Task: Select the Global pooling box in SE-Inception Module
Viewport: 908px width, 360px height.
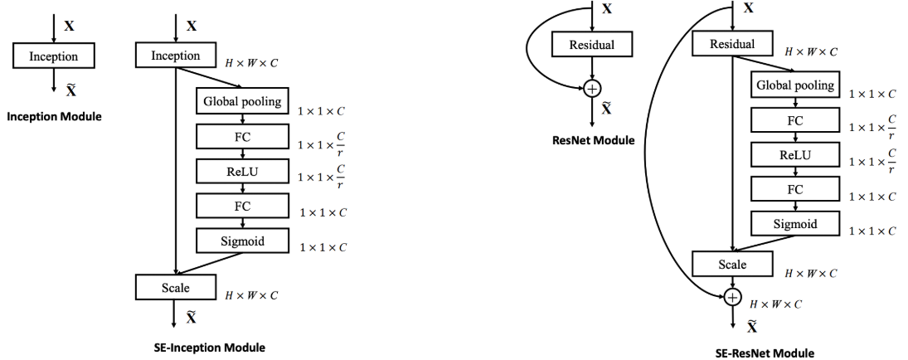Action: pyautogui.click(x=241, y=101)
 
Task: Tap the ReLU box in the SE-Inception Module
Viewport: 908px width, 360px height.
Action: pyautogui.click(x=241, y=171)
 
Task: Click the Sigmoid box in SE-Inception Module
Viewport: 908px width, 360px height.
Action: pyautogui.click(x=241, y=241)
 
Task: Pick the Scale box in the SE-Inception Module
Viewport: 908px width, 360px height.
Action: pyautogui.click(x=175, y=288)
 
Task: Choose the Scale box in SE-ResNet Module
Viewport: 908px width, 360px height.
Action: pyautogui.click(x=731, y=264)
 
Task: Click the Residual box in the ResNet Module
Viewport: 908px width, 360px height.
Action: pyautogui.click(x=592, y=45)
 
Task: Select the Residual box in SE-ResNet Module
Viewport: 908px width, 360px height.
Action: pyautogui.click(x=732, y=45)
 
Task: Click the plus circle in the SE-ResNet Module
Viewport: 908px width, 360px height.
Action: pyautogui.click(x=731, y=295)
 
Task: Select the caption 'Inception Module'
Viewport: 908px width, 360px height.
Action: pyautogui.click(x=54, y=116)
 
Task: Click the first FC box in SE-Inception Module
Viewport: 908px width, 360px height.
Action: pyautogui.click(x=241, y=136)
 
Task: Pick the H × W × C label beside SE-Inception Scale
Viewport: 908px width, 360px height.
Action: pyautogui.click(x=251, y=294)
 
